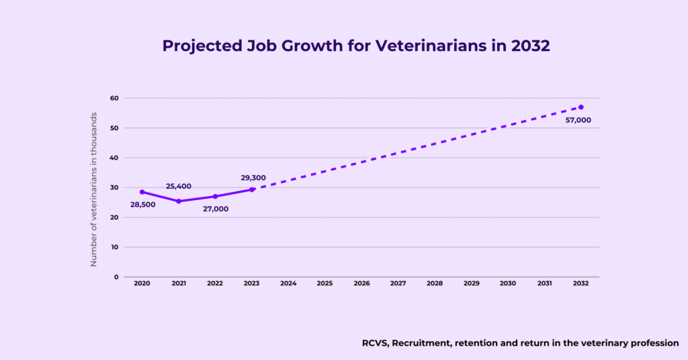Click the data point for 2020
click(x=142, y=192)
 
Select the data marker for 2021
click(x=179, y=201)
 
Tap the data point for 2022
click(x=215, y=197)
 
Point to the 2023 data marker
click(x=252, y=189)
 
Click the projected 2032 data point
click(x=580, y=107)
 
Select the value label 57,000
click(x=578, y=120)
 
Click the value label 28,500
click(x=142, y=204)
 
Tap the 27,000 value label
click(x=216, y=209)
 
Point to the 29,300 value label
click(x=253, y=178)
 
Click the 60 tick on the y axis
click(x=114, y=98)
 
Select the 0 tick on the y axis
click(x=116, y=277)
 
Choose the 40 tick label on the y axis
click(x=114, y=158)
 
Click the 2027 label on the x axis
click(x=398, y=284)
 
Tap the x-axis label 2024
click(x=288, y=284)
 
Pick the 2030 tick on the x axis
click(x=507, y=284)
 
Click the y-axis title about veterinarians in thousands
click(x=94, y=189)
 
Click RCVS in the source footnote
click(x=374, y=343)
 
